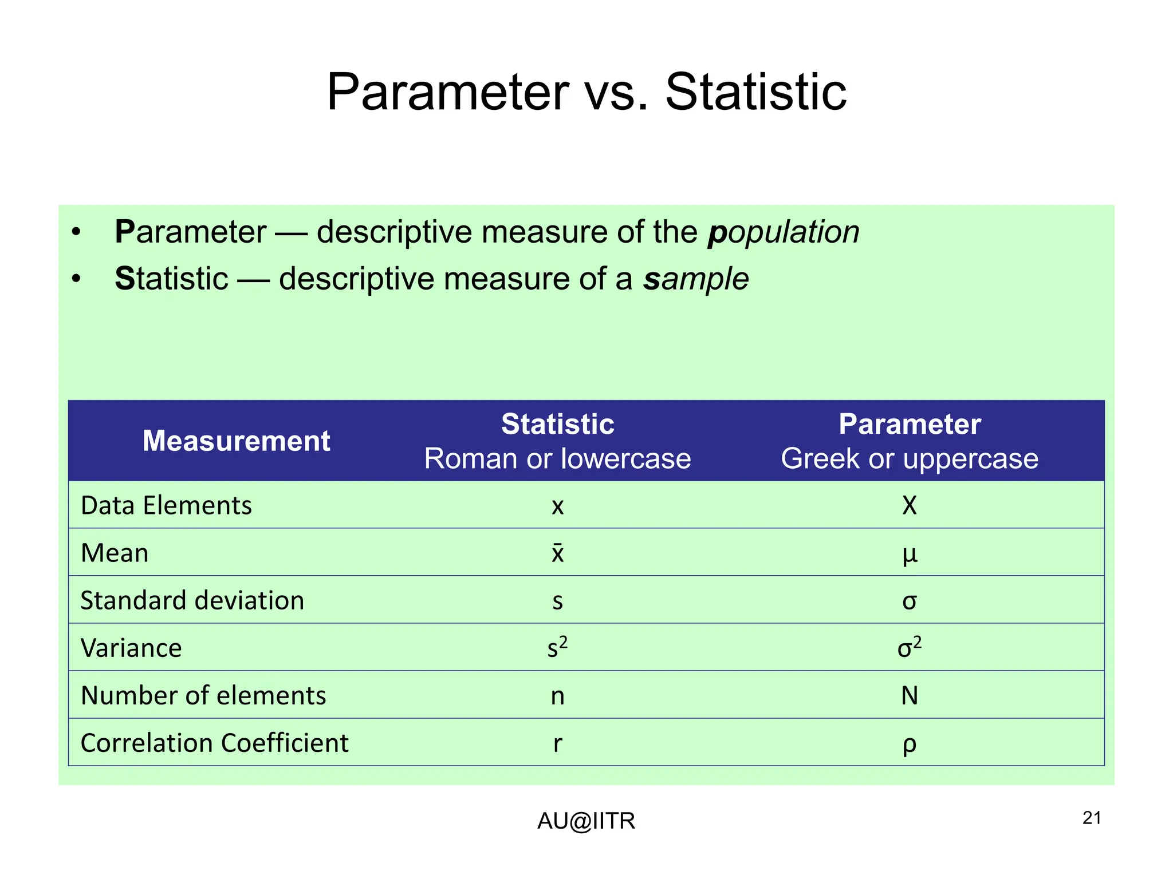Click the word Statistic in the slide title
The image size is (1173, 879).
coord(755,93)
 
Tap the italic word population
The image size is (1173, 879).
coord(784,232)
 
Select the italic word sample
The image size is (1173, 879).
coord(695,279)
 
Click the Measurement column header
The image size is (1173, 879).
coord(236,441)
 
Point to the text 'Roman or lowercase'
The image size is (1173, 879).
coord(557,459)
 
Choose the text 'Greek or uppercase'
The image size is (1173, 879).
coord(909,459)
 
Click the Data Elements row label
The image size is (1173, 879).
coord(166,506)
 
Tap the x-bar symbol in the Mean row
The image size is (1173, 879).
coord(557,553)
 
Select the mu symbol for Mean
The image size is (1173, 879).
coord(910,554)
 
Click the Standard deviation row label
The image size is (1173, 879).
coord(192,601)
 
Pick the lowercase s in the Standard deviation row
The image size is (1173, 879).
coord(557,601)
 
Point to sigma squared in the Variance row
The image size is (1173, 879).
coord(910,648)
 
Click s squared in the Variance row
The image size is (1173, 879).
coord(557,648)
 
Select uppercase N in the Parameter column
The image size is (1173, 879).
coord(910,696)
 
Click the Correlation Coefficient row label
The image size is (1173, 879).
coord(214,743)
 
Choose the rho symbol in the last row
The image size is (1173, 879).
coord(910,745)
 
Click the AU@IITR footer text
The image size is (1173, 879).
coord(586,821)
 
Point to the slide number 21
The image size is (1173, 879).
coord(1092,818)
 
